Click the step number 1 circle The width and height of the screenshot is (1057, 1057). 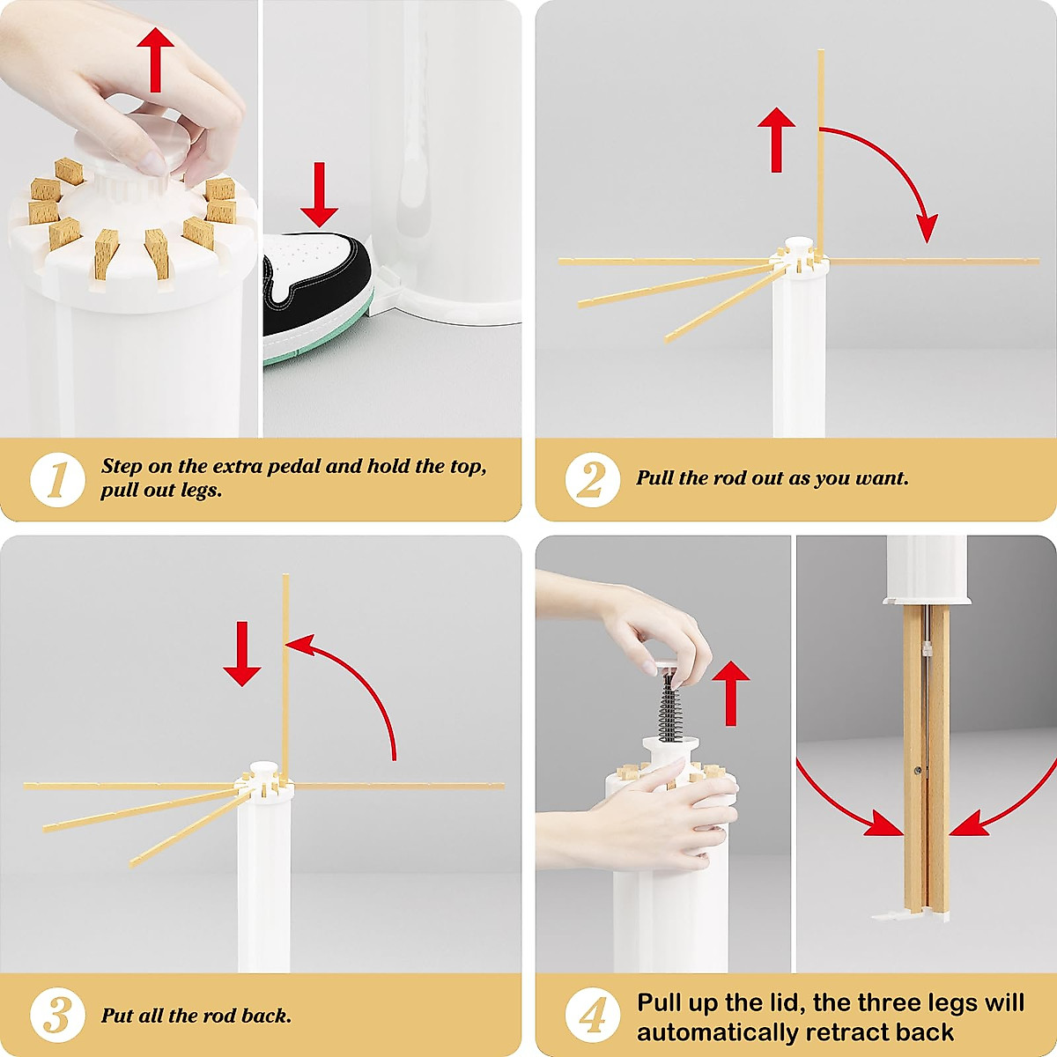[x=57, y=479]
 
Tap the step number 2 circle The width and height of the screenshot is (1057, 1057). [x=593, y=479]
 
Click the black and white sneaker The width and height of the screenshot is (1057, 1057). [x=317, y=296]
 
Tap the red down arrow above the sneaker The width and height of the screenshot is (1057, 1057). [x=319, y=194]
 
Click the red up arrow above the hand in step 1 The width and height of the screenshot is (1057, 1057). [x=156, y=60]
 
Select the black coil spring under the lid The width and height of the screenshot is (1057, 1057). [x=669, y=707]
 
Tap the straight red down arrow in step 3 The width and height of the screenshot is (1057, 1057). [x=242, y=654]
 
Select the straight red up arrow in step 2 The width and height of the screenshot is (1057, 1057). [x=776, y=140]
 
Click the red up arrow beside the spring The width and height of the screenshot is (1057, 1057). [x=730, y=693]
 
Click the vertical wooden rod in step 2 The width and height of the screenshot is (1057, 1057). [x=821, y=153]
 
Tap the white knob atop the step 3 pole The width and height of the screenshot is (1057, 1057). [x=263, y=769]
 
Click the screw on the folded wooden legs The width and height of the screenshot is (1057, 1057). [x=917, y=771]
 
